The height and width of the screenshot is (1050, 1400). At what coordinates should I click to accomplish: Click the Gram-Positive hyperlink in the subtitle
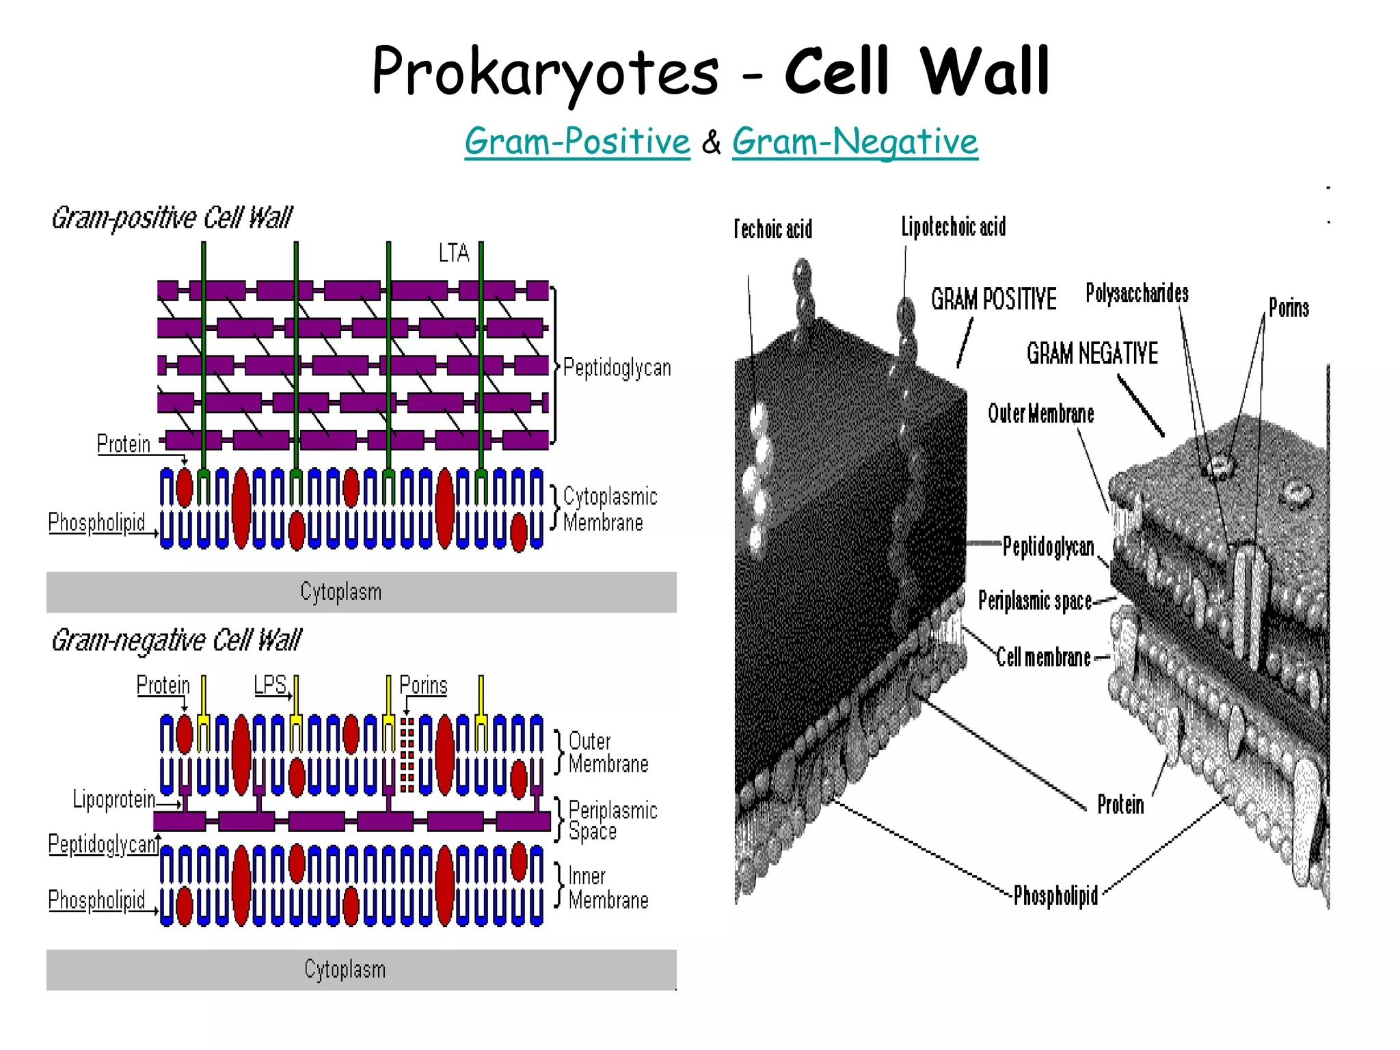[x=577, y=142]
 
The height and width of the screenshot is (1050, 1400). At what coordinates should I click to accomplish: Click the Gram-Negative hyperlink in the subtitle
[x=854, y=142]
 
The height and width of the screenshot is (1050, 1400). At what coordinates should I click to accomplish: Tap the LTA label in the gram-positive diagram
[x=454, y=254]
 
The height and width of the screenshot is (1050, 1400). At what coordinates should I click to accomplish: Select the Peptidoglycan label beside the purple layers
[x=617, y=368]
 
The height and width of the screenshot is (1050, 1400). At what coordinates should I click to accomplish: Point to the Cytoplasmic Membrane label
[x=609, y=509]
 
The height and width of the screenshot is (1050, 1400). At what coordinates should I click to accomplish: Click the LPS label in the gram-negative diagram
[x=270, y=685]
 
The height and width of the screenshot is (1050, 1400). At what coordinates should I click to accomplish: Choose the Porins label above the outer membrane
[x=423, y=685]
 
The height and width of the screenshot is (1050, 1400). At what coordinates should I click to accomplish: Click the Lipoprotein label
[x=114, y=799]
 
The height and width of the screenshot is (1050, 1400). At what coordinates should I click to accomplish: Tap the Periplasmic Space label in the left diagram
[x=612, y=820]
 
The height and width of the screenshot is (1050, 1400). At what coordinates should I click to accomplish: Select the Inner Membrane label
[x=607, y=888]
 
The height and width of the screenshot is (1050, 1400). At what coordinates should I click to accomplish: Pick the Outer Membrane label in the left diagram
[x=607, y=752]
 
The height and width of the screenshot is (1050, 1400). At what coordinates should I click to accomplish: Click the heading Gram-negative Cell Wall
[x=176, y=641]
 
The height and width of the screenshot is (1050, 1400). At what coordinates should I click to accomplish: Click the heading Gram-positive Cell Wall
[x=172, y=218]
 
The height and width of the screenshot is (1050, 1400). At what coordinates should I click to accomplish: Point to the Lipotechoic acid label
[x=954, y=227]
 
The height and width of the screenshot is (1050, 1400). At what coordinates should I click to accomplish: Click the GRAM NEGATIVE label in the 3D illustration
[x=1092, y=353]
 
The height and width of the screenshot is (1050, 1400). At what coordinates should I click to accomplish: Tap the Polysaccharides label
[x=1137, y=293]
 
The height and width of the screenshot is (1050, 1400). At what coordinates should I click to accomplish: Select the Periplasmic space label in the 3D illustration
[x=1034, y=601]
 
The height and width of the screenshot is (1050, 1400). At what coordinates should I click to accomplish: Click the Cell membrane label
[x=1043, y=657]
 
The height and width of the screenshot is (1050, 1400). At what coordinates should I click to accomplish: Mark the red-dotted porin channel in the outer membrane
[x=407, y=755]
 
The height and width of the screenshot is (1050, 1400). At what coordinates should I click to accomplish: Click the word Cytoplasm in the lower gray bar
[x=345, y=969]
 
